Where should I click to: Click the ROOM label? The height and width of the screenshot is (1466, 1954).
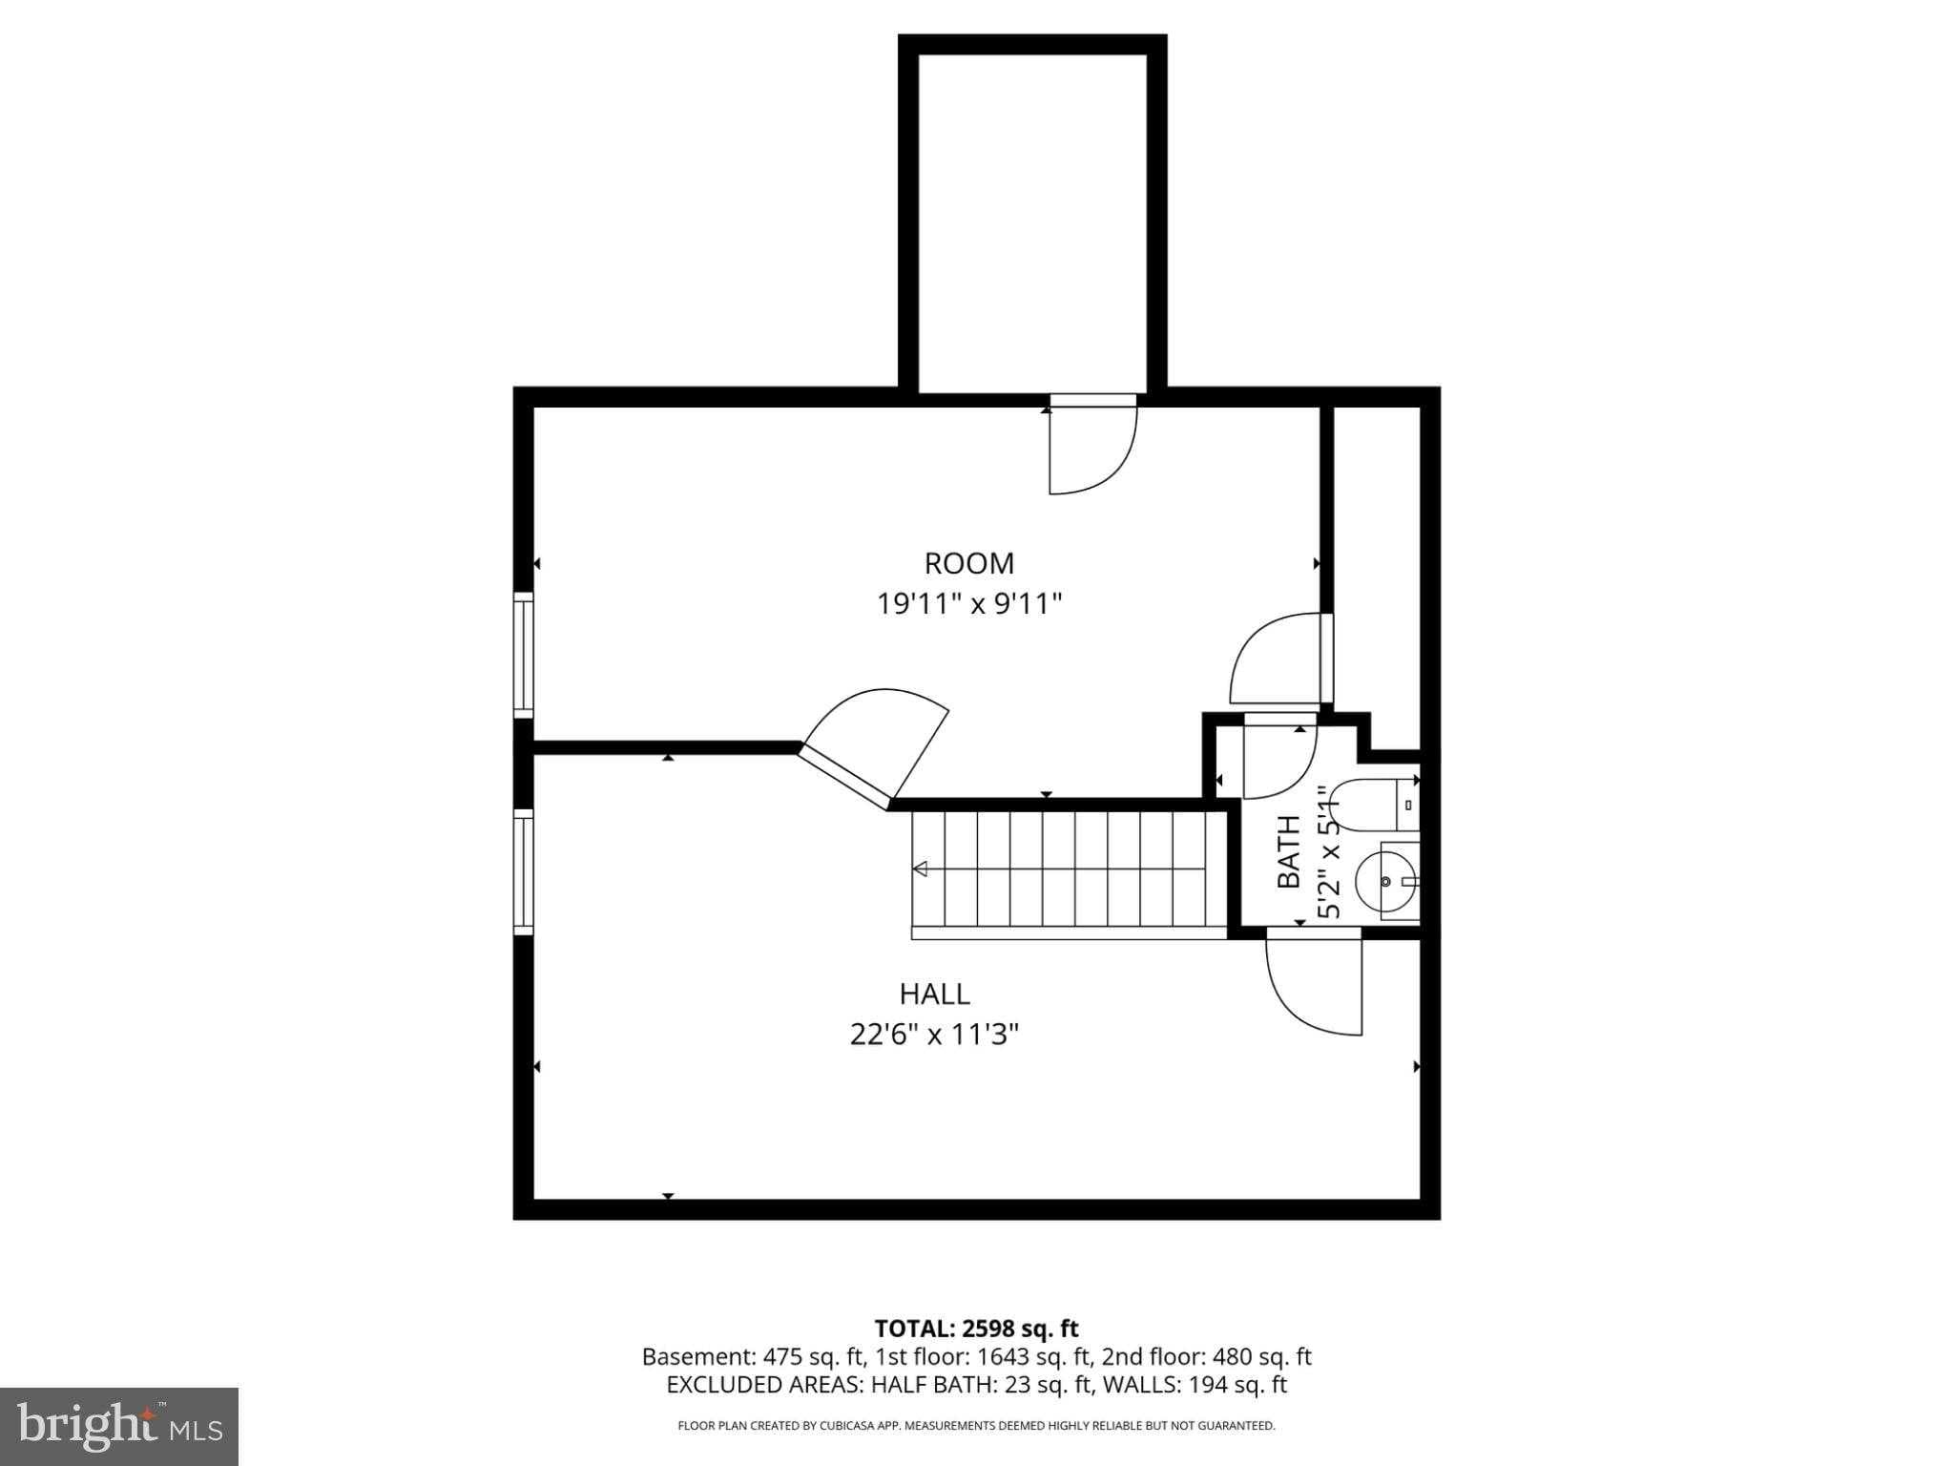click(968, 563)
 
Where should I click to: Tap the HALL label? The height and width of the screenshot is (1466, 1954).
click(934, 994)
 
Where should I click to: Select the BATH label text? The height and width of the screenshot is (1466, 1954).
click(1288, 851)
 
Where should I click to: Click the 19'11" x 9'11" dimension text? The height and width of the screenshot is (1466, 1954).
click(968, 604)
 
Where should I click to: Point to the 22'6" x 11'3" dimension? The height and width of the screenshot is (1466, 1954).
click(934, 1035)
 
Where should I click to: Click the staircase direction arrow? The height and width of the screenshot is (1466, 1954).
click(921, 869)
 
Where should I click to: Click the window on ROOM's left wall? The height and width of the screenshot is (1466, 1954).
click(523, 655)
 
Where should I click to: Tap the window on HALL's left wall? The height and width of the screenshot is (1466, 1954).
click(523, 871)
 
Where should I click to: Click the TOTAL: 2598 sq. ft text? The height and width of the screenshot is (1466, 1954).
click(976, 1329)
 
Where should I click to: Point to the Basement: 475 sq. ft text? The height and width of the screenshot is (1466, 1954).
click(752, 1357)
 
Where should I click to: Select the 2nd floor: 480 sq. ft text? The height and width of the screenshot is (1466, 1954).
click(1206, 1357)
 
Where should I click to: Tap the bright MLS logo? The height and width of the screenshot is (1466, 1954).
click(119, 1426)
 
